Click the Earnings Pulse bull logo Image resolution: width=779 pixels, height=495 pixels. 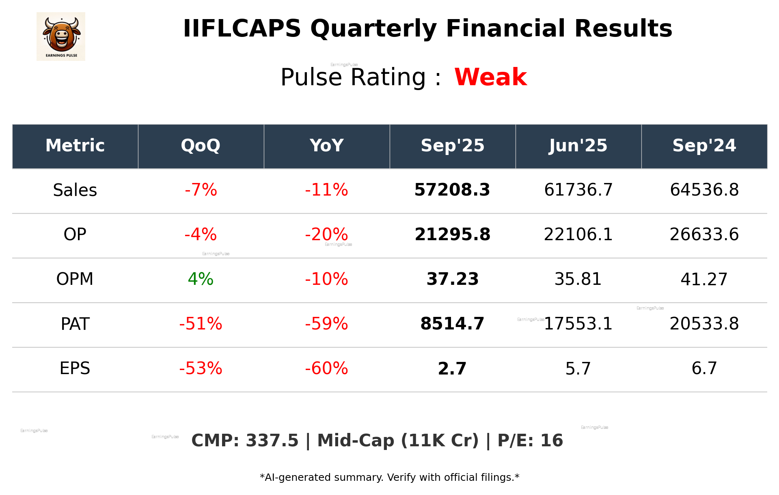[61, 37]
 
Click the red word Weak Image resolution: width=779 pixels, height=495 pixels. [490, 77]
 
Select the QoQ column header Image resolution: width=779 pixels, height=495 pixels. [201, 146]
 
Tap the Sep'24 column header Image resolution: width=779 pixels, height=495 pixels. [704, 146]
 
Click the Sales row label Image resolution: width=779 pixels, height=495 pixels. [75, 190]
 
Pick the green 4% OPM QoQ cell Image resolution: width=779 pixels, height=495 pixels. [201, 279]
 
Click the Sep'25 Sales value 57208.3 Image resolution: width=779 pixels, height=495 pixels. [452, 190]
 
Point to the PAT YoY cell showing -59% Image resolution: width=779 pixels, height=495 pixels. [326, 324]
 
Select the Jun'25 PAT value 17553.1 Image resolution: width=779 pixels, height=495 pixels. [578, 324]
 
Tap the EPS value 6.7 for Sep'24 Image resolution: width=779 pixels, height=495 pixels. [704, 368]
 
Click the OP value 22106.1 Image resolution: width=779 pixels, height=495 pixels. [578, 235]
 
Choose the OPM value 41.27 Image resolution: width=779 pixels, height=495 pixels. [704, 279]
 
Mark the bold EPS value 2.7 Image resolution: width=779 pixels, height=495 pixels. [452, 368]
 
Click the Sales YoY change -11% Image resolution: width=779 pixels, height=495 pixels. [326, 190]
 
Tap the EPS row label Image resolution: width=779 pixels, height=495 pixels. [75, 368]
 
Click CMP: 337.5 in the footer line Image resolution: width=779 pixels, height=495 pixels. [245, 441]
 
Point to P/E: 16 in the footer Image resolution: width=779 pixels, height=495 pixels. [530, 441]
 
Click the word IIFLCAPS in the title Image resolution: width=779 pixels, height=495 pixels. [242, 29]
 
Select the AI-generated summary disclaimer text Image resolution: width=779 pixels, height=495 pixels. [389, 478]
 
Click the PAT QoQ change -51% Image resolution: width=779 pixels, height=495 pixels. [201, 324]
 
